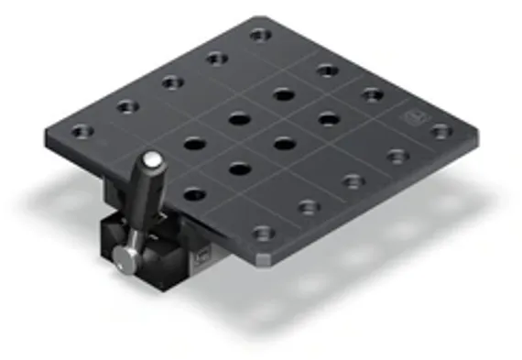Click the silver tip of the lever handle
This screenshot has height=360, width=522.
pyautogui.click(x=155, y=159)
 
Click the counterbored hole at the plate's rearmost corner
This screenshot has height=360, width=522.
pyautogui.click(x=261, y=35)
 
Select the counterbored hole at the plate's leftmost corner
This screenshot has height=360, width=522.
pyautogui.click(x=82, y=131)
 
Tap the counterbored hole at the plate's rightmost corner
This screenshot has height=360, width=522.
pyautogui.click(x=440, y=131)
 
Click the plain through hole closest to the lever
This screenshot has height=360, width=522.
pyautogui.click(x=194, y=193)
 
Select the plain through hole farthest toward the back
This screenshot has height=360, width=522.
pyautogui.click(x=283, y=94)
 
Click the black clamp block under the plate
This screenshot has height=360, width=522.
pyautogui.click(x=165, y=247)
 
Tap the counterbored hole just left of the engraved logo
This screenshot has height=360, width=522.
pyautogui.click(x=372, y=93)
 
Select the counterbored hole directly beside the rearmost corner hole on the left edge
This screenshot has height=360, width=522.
pyautogui.click(x=216, y=58)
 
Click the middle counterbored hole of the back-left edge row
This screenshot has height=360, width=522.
pyautogui.click(x=172, y=82)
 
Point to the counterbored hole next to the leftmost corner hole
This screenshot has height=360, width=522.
pyautogui.click(x=127, y=106)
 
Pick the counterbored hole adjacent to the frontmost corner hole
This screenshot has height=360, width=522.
pyautogui.click(x=308, y=207)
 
